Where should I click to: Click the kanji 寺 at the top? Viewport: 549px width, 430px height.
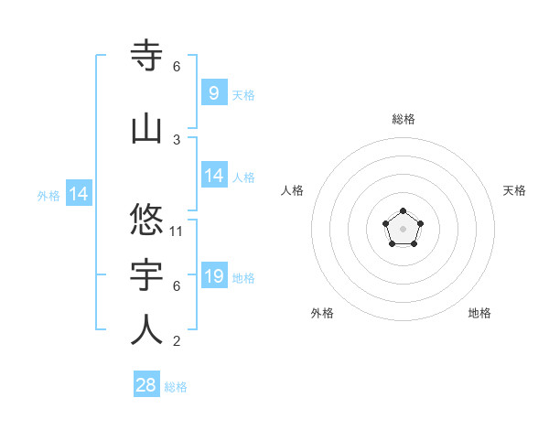[147, 56]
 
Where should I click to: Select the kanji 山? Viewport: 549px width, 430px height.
[147, 129]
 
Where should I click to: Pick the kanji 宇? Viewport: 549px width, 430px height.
[147, 275]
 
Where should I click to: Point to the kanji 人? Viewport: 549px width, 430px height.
[147, 330]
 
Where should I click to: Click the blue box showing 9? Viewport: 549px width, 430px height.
[213, 92]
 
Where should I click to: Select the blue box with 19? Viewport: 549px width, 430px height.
[213, 276]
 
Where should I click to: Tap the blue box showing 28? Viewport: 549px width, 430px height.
[146, 385]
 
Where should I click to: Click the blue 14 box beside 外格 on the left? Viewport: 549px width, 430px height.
[78, 194]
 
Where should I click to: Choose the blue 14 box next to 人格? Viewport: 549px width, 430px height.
[213, 176]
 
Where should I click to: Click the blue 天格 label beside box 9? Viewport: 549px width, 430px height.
[243, 94]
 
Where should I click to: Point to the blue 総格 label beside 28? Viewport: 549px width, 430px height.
[176, 387]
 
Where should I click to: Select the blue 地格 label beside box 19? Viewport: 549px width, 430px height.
[243, 278]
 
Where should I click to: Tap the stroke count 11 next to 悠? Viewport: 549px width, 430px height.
[177, 231]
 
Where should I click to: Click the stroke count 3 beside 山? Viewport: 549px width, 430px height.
[177, 139]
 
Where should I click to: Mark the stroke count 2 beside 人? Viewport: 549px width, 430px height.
[177, 341]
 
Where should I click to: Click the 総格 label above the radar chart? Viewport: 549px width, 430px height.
[404, 119]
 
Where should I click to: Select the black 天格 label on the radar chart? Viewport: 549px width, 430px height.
[515, 190]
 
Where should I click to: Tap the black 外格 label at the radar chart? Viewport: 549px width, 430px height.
[322, 313]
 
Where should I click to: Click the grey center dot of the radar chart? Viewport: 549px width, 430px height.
[403, 229]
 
